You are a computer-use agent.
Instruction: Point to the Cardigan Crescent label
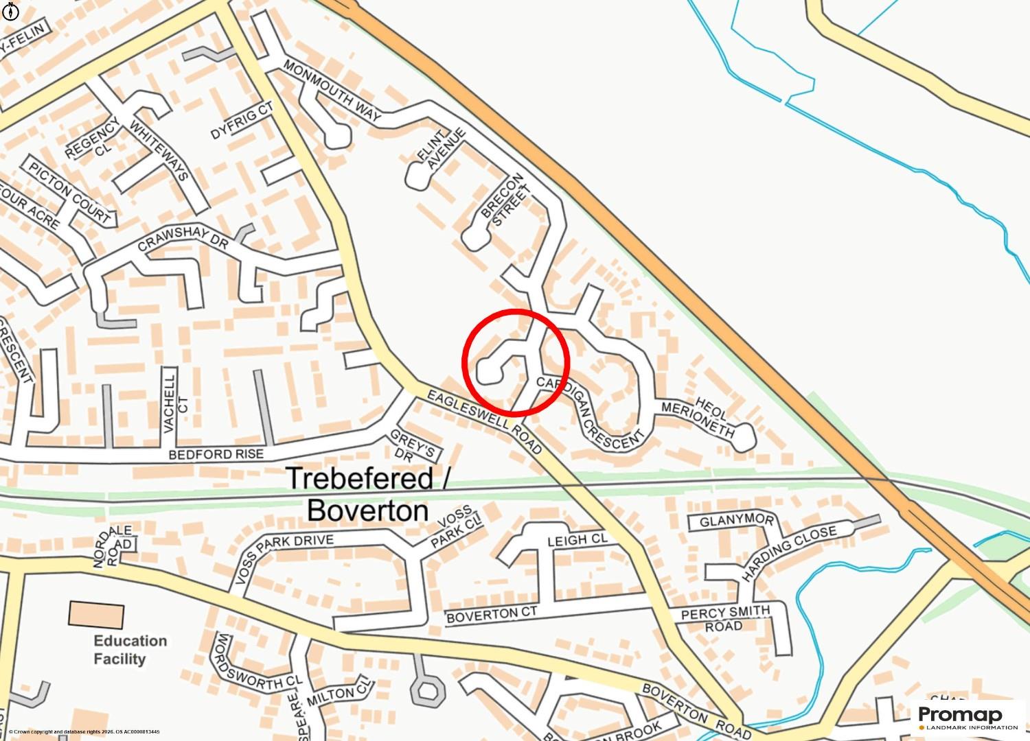click(590, 413)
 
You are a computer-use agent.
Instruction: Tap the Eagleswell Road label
click(485, 422)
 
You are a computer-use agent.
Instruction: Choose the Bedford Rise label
click(216, 455)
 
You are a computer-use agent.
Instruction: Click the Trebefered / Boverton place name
click(367, 494)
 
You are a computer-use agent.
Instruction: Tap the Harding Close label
click(789, 553)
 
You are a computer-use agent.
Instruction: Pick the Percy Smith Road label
click(725, 618)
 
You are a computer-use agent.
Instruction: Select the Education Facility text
click(130, 650)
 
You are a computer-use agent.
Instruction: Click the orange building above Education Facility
click(96, 614)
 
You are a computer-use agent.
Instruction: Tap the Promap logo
click(969, 718)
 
